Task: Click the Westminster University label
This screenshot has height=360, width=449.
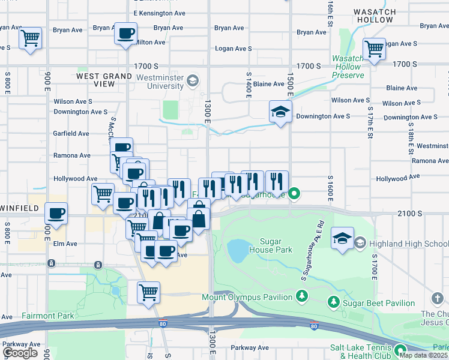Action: [159, 82]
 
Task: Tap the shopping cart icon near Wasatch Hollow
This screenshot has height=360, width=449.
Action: [374, 48]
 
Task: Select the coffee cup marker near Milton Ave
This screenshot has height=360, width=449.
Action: [125, 34]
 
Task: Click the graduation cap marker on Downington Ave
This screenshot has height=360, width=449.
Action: [280, 112]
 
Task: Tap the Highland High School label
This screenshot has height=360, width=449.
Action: [408, 243]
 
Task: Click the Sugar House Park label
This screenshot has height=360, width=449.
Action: [270, 245]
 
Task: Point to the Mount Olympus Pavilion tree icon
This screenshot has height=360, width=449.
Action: [302, 296]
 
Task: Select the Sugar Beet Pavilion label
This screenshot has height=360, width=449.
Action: [378, 303]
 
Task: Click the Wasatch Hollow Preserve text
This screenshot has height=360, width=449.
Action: [348, 67]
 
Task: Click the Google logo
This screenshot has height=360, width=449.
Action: [20, 353]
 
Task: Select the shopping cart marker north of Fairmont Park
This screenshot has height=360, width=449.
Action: [148, 293]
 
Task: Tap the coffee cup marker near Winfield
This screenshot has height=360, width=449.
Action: [56, 214]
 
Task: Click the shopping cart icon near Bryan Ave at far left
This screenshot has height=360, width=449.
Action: [30, 38]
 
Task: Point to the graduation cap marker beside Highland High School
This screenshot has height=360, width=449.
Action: [342, 238]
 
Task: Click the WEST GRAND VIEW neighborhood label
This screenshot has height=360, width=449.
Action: [104, 80]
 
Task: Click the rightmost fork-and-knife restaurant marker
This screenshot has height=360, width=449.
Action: [277, 181]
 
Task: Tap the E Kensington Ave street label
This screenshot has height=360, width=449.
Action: [159, 13]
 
